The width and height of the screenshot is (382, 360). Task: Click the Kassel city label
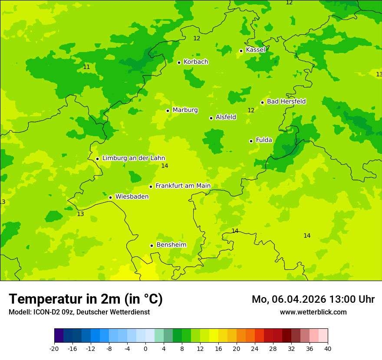tap(255, 50)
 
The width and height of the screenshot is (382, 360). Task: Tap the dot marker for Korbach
tap(179, 62)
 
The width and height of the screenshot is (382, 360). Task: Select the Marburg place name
tap(185, 110)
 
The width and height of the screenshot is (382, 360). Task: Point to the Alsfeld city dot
tap(211, 118)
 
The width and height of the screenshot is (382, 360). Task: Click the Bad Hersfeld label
tap(286, 101)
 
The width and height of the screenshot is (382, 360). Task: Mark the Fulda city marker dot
tap(251, 141)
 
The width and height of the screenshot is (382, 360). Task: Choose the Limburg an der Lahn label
tap(133, 158)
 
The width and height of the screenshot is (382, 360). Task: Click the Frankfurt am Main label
tap(183, 186)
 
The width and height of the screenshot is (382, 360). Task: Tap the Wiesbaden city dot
tap(110, 197)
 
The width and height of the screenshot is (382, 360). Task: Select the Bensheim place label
tap(171, 245)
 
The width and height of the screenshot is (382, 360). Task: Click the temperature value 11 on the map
tap(86, 67)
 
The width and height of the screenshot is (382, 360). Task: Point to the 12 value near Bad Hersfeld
tap(251, 111)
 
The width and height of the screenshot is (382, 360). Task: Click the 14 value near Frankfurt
tap(165, 166)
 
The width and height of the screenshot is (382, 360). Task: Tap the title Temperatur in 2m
tap(86, 299)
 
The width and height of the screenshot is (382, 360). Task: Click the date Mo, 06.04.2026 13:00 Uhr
tap(313, 299)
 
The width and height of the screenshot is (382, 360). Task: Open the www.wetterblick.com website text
tap(313, 312)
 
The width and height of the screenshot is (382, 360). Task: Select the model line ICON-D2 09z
tap(79, 312)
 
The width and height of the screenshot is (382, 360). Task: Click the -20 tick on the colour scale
tap(54, 348)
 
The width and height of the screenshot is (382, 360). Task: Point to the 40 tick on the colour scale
tap(327, 348)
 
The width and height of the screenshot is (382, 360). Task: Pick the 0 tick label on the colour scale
tap(145, 348)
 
